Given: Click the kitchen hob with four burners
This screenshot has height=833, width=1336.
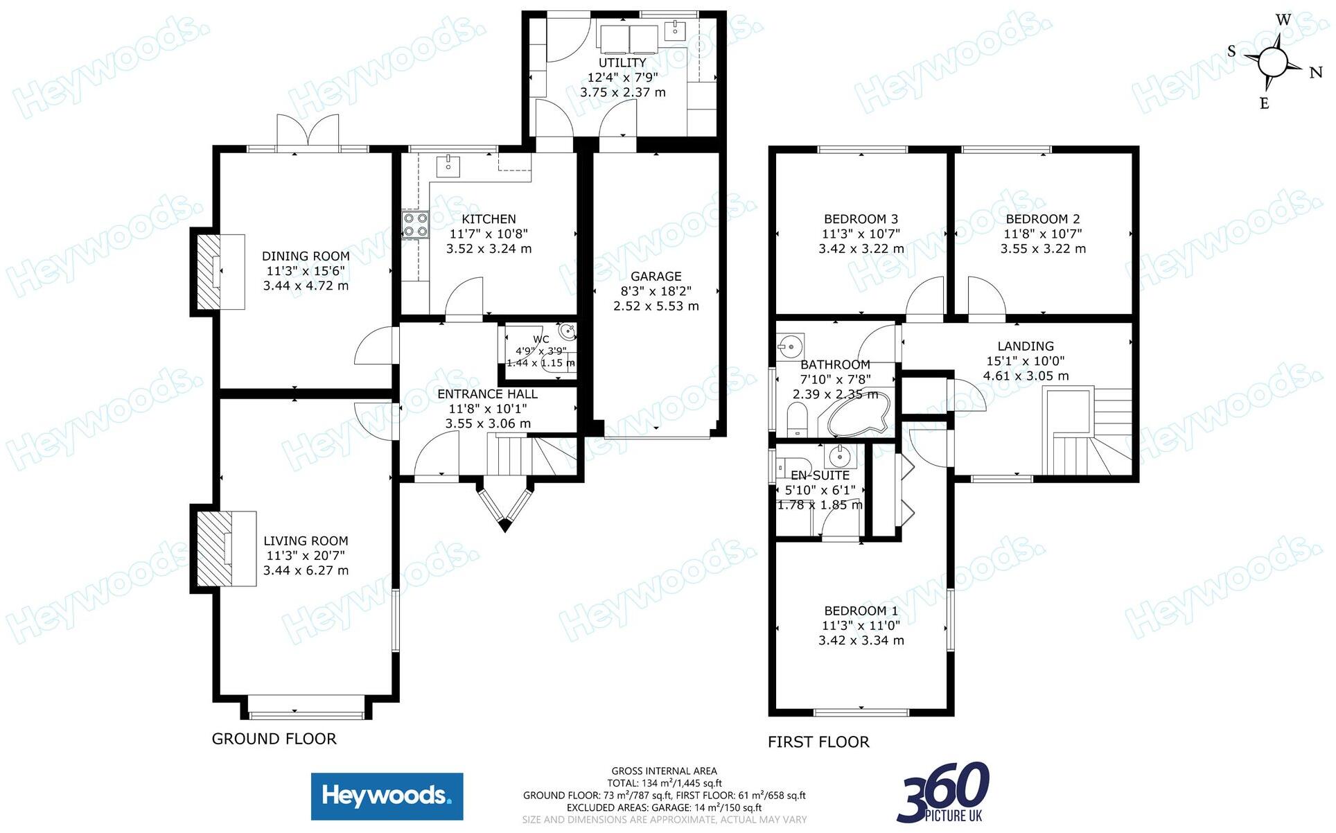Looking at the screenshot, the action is pos(415,225).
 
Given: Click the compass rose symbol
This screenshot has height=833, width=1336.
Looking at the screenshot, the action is pos(1273,62).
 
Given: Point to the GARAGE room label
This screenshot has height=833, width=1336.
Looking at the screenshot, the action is pos(656,276).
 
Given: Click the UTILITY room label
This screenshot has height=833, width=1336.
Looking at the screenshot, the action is pos(622,62).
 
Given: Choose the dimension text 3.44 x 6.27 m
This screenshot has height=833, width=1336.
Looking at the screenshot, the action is pos(306,570).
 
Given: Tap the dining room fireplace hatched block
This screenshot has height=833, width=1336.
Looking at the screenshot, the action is pos(207,272).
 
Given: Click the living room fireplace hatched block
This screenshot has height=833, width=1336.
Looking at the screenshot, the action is pos(213,549).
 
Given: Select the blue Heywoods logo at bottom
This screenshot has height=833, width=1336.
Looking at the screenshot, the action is pos(387,796).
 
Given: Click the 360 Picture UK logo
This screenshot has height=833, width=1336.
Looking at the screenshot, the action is pos(944,792).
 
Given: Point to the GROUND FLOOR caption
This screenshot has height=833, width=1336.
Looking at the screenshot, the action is pos(274,739).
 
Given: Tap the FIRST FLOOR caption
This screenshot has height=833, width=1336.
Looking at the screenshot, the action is pos(818,742).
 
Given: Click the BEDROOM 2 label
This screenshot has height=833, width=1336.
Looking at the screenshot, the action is pos(1043,219).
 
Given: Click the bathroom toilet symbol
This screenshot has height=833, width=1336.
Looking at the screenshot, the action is pos(798,419).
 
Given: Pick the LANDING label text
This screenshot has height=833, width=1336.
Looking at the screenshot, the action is pos(1026,346).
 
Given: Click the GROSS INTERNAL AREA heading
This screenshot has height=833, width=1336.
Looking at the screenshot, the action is pos(664,771).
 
